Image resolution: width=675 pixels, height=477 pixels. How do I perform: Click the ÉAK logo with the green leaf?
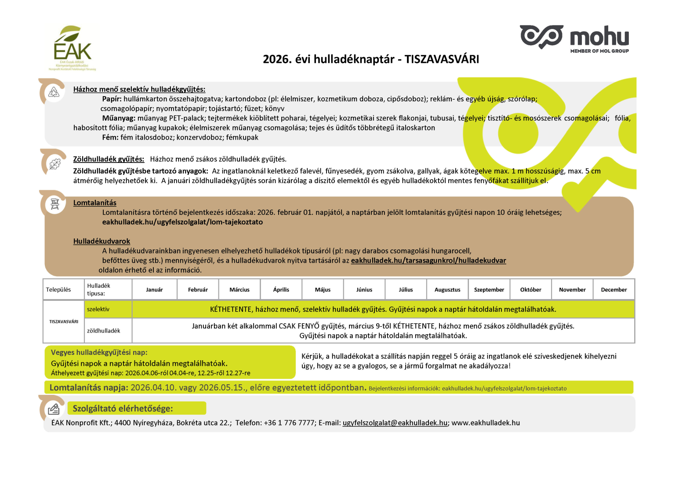73,47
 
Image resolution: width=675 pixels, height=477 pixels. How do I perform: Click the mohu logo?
574,39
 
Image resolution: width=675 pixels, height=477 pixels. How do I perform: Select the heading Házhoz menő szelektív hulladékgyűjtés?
139,89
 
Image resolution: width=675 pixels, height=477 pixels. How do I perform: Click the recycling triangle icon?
54,92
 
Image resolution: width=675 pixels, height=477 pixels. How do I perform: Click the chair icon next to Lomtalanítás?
55,204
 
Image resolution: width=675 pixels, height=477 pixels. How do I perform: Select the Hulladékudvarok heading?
102,241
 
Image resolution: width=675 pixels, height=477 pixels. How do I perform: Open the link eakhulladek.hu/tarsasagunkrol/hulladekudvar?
428,260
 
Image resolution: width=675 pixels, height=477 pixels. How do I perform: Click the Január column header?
154,290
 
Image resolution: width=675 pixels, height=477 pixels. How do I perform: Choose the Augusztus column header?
447,290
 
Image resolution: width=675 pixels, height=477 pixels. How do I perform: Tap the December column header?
613,290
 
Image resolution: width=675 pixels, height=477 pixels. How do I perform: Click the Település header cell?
58,290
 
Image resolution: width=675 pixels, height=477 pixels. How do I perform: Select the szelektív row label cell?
98,309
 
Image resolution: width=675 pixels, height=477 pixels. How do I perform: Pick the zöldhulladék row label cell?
104,331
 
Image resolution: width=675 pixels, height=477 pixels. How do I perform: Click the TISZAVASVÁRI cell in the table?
64,322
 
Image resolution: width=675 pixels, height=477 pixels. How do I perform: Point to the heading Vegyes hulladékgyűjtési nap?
99,352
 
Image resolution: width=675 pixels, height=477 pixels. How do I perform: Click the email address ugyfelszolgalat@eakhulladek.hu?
395,423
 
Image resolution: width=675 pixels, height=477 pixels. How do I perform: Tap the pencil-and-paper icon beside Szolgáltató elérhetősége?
54,409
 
